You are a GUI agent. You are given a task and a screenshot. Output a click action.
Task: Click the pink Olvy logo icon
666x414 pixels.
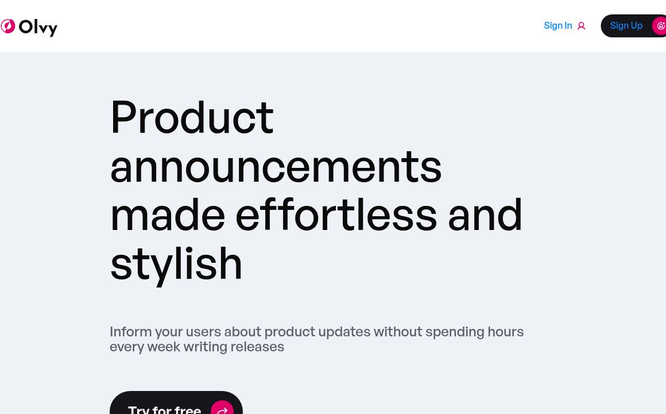7,26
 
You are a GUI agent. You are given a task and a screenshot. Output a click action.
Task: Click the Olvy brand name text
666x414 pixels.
38,27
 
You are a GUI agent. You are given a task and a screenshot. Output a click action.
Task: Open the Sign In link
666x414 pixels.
557,26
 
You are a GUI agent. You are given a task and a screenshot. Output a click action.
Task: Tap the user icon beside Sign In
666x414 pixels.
581,26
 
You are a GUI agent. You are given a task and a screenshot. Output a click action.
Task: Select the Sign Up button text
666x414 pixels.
626,26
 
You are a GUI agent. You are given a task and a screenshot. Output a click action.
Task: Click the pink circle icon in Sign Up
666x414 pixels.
660,26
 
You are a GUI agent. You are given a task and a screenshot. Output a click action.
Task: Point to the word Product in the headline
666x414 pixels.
192,117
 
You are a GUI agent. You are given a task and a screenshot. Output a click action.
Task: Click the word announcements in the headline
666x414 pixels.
276,166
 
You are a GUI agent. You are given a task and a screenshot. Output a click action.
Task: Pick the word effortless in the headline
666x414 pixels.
336,215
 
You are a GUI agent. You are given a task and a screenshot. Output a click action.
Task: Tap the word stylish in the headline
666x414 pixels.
176,264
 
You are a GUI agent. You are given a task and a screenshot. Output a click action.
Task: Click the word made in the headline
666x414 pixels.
167,215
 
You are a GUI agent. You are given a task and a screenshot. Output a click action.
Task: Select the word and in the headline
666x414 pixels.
485,215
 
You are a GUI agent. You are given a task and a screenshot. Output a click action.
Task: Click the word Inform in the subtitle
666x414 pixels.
130,332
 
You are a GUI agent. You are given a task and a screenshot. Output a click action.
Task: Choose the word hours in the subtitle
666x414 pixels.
505,332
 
